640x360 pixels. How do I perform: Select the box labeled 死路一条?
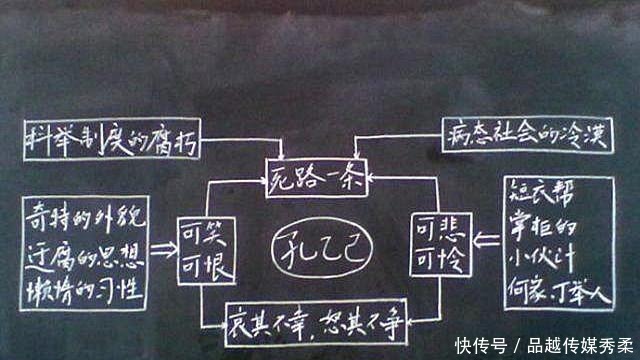click(319, 179)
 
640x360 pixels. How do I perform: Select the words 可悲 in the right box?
click(436, 229)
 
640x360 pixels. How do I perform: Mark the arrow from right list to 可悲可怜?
click(483, 241)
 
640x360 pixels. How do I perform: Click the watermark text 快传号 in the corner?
click(477, 345)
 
